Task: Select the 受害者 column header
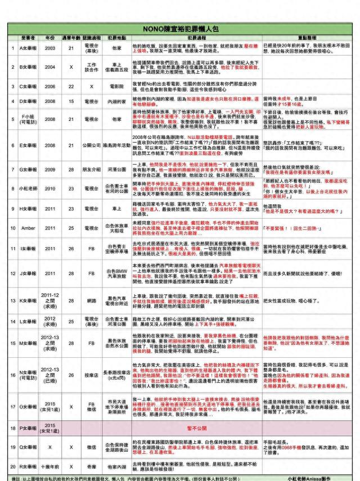pyautogui.click(x=28, y=37)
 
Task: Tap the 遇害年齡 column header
pyautogui.click(x=71, y=37)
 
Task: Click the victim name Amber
pyautogui.click(x=27, y=228)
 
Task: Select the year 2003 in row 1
pyautogui.click(x=50, y=48)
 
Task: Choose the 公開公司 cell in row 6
pyautogui.click(x=92, y=145)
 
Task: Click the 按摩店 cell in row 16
pyautogui.click(x=92, y=373)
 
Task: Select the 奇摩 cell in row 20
pyautogui.click(x=92, y=466)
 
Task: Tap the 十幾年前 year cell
pyautogui.click(x=50, y=466)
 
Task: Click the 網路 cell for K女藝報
pyautogui.click(x=92, y=300)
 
